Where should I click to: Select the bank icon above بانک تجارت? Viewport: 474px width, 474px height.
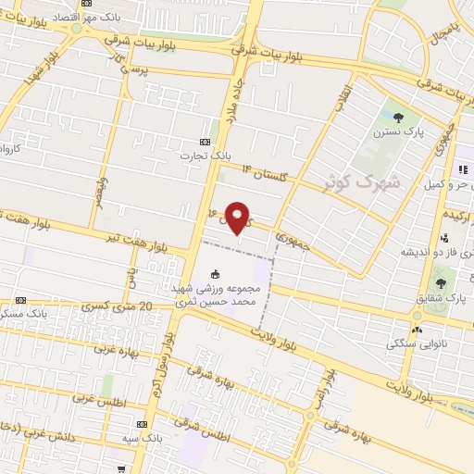click(205, 142)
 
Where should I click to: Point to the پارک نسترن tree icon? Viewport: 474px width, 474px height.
click(398, 117)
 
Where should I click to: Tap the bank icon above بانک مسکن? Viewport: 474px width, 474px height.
click(20, 300)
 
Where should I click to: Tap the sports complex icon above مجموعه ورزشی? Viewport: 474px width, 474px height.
click(216, 273)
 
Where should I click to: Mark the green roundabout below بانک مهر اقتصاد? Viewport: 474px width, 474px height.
click(77, 29)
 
